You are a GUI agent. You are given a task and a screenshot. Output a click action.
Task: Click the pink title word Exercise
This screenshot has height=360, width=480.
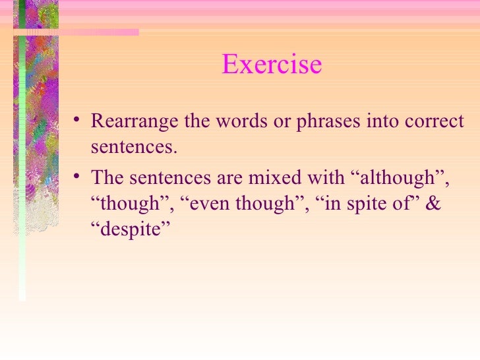tap(272, 65)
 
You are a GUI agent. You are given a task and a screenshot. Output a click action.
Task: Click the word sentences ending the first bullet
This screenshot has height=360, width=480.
tap(134, 146)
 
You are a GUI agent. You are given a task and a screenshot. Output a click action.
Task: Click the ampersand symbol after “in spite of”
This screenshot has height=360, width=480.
tap(433, 204)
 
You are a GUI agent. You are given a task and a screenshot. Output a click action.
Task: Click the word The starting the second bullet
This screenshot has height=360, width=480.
tap(106, 178)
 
